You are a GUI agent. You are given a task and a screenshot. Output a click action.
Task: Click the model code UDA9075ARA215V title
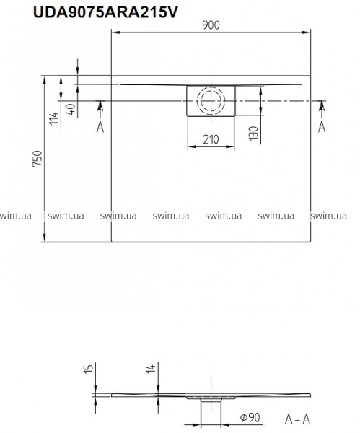tap(105, 12)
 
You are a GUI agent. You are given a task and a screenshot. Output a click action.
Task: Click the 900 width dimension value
tap(211, 25)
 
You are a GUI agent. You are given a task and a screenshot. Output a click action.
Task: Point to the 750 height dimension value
tap(38, 159)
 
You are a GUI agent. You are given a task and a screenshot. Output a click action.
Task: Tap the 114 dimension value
tap(54, 118)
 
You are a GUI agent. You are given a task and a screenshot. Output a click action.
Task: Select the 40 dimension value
tap(71, 109)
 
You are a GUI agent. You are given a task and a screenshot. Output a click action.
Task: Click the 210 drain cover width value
tap(211, 139)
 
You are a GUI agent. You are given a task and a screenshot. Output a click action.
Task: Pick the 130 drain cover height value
tap(253, 134)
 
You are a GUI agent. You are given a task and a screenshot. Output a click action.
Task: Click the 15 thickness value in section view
tap(89, 369)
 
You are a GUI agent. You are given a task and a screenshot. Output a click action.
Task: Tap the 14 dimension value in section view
tap(151, 369)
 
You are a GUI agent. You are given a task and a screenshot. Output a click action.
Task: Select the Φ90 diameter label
tap(250, 417)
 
